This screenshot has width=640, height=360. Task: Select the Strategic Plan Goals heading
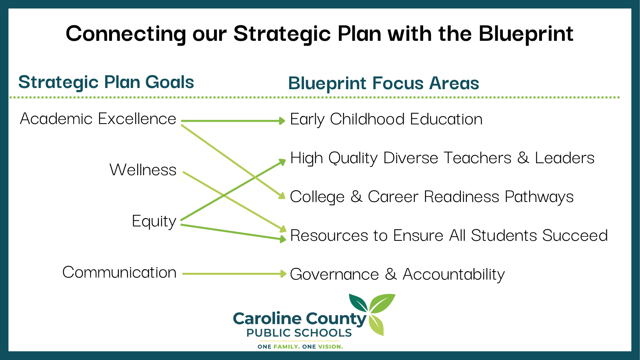pyautogui.click(x=106, y=82)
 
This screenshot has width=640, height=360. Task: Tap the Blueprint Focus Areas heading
pyautogui.click(x=384, y=84)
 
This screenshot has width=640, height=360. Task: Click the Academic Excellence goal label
pyautogui.click(x=98, y=118)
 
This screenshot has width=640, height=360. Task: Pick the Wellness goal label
pyautogui.click(x=143, y=170)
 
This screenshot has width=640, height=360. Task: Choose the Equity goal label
pyautogui.click(x=154, y=222)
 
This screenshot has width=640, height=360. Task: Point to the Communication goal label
pyautogui.click(x=120, y=272)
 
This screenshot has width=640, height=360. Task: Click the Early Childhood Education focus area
pyautogui.click(x=386, y=120)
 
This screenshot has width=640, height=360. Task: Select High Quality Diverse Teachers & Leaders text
pyautogui.click(x=442, y=158)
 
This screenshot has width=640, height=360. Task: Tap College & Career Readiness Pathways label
pyautogui.click(x=432, y=197)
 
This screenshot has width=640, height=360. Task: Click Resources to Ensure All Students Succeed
pyautogui.click(x=449, y=236)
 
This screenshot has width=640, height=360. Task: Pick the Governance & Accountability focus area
pyautogui.click(x=398, y=274)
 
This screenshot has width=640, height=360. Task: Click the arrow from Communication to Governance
pyautogui.click(x=234, y=274)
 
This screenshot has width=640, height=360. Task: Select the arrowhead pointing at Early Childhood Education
pyautogui.click(x=282, y=121)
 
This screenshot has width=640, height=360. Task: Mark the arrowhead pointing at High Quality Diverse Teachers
pyautogui.click(x=282, y=162)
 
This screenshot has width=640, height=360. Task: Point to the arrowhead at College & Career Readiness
pyautogui.click(x=282, y=196)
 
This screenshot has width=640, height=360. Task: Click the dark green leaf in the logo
pyautogui.click(x=358, y=303)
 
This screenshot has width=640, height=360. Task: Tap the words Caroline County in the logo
pyautogui.click(x=300, y=319)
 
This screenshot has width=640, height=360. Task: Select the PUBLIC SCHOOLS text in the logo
pyautogui.click(x=299, y=333)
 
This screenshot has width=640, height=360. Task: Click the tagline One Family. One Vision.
pyautogui.click(x=300, y=347)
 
